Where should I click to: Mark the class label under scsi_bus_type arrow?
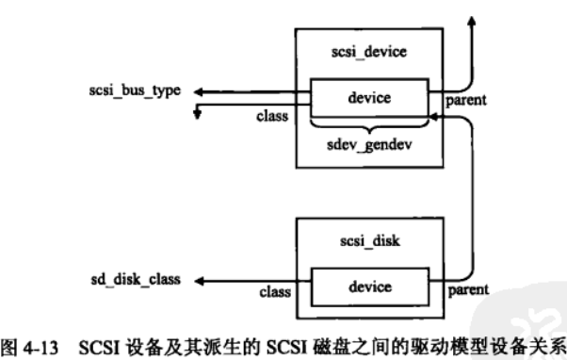tap(270, 118)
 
